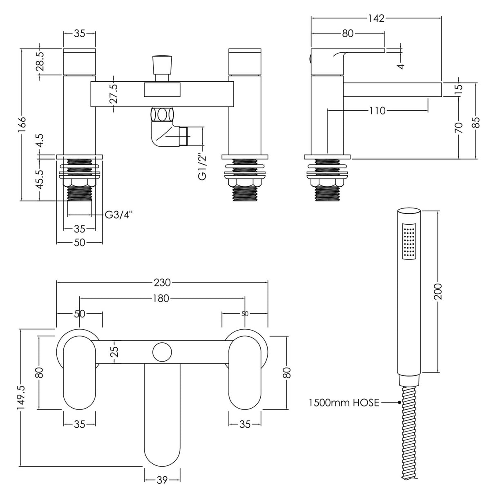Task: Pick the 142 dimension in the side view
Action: (376, 18)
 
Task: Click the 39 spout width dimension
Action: (162, 480)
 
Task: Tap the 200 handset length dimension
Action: (438, 291)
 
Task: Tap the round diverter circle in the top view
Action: (162, 352)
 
